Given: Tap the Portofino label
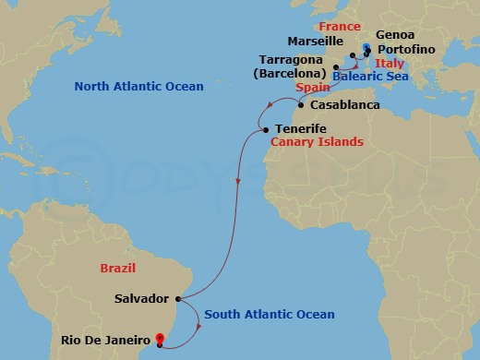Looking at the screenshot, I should [405, 50].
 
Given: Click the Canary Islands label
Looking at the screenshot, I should [317, 142].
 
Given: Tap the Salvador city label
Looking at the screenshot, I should [141, 299].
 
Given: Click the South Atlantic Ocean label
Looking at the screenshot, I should [270, 315].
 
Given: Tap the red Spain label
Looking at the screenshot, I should [313, 87].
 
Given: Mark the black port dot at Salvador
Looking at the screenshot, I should [176, 299].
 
